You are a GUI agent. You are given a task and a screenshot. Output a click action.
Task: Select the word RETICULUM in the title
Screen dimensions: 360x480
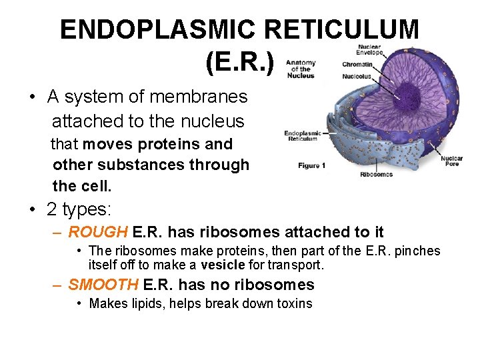(343, 30)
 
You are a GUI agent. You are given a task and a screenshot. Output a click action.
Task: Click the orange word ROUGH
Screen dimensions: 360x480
(98, 232)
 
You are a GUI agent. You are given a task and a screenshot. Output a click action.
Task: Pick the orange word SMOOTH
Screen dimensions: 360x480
(103, 285)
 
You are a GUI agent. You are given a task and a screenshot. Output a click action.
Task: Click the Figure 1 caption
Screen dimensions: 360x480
(311, 165)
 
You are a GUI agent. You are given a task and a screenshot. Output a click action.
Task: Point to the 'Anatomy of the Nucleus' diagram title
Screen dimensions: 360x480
(301, 69)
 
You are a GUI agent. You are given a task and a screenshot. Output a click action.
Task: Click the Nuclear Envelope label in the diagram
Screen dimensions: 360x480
(369, 50)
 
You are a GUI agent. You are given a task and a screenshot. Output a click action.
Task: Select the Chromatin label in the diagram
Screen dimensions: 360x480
(357, 65)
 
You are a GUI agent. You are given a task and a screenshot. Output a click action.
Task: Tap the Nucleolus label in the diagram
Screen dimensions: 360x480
(357, 77)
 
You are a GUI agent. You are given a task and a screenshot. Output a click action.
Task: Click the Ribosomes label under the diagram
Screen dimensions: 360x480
(376, 175)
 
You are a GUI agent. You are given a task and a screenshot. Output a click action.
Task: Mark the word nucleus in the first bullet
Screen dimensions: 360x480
(212, 121)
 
